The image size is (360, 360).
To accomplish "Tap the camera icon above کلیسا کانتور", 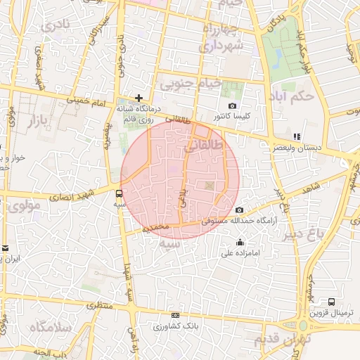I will click(233, 105).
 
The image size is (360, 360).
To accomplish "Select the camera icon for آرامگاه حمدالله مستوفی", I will click(240, 210).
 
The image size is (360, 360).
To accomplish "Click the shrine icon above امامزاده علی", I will click(240, 243).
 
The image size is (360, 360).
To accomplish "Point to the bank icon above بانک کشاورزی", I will click(175, 316).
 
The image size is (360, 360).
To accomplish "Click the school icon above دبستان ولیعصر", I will click(297, 136).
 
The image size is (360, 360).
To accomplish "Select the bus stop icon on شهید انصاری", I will click(118, 193).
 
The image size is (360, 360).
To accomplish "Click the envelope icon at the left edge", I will click(4, 248).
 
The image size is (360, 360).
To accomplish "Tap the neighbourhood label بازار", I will click(39, 122).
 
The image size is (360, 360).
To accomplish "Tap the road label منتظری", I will click(100, 306).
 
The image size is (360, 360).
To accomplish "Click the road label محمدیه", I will click(155, 228).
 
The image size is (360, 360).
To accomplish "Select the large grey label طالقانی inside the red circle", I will click(203, 146).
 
